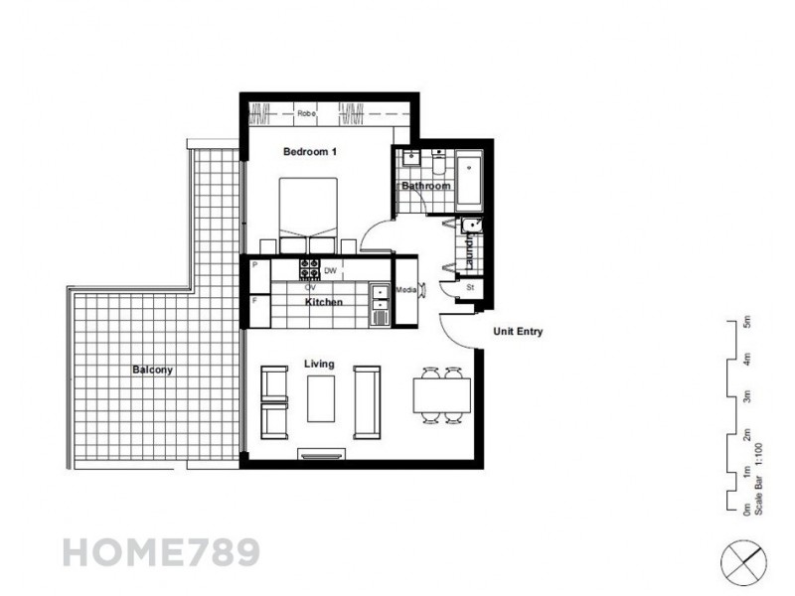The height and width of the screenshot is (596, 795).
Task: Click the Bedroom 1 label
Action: [x=311, y=152]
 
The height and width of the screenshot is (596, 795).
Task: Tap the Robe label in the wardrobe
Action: [x=306, y=114]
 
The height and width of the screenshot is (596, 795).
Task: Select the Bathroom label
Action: [x=425, y=186]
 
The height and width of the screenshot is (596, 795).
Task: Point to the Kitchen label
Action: [x=324, y=301]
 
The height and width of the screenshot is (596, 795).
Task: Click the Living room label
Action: [x=319, y=365]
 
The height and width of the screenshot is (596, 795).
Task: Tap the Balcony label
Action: [x=152, y=371]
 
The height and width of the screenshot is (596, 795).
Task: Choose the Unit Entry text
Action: [x=518, y=332]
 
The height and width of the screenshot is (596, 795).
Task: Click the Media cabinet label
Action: [x=405, y=290]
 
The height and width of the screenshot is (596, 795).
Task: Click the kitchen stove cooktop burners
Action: [x=310, y=269]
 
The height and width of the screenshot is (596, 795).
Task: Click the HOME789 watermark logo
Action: [x=160, y=552]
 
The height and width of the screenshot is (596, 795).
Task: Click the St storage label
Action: [x=471, y=289]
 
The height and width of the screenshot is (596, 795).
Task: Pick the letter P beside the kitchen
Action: [x=254, y=265]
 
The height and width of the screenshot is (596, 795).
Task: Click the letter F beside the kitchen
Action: [x=254, y=299]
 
